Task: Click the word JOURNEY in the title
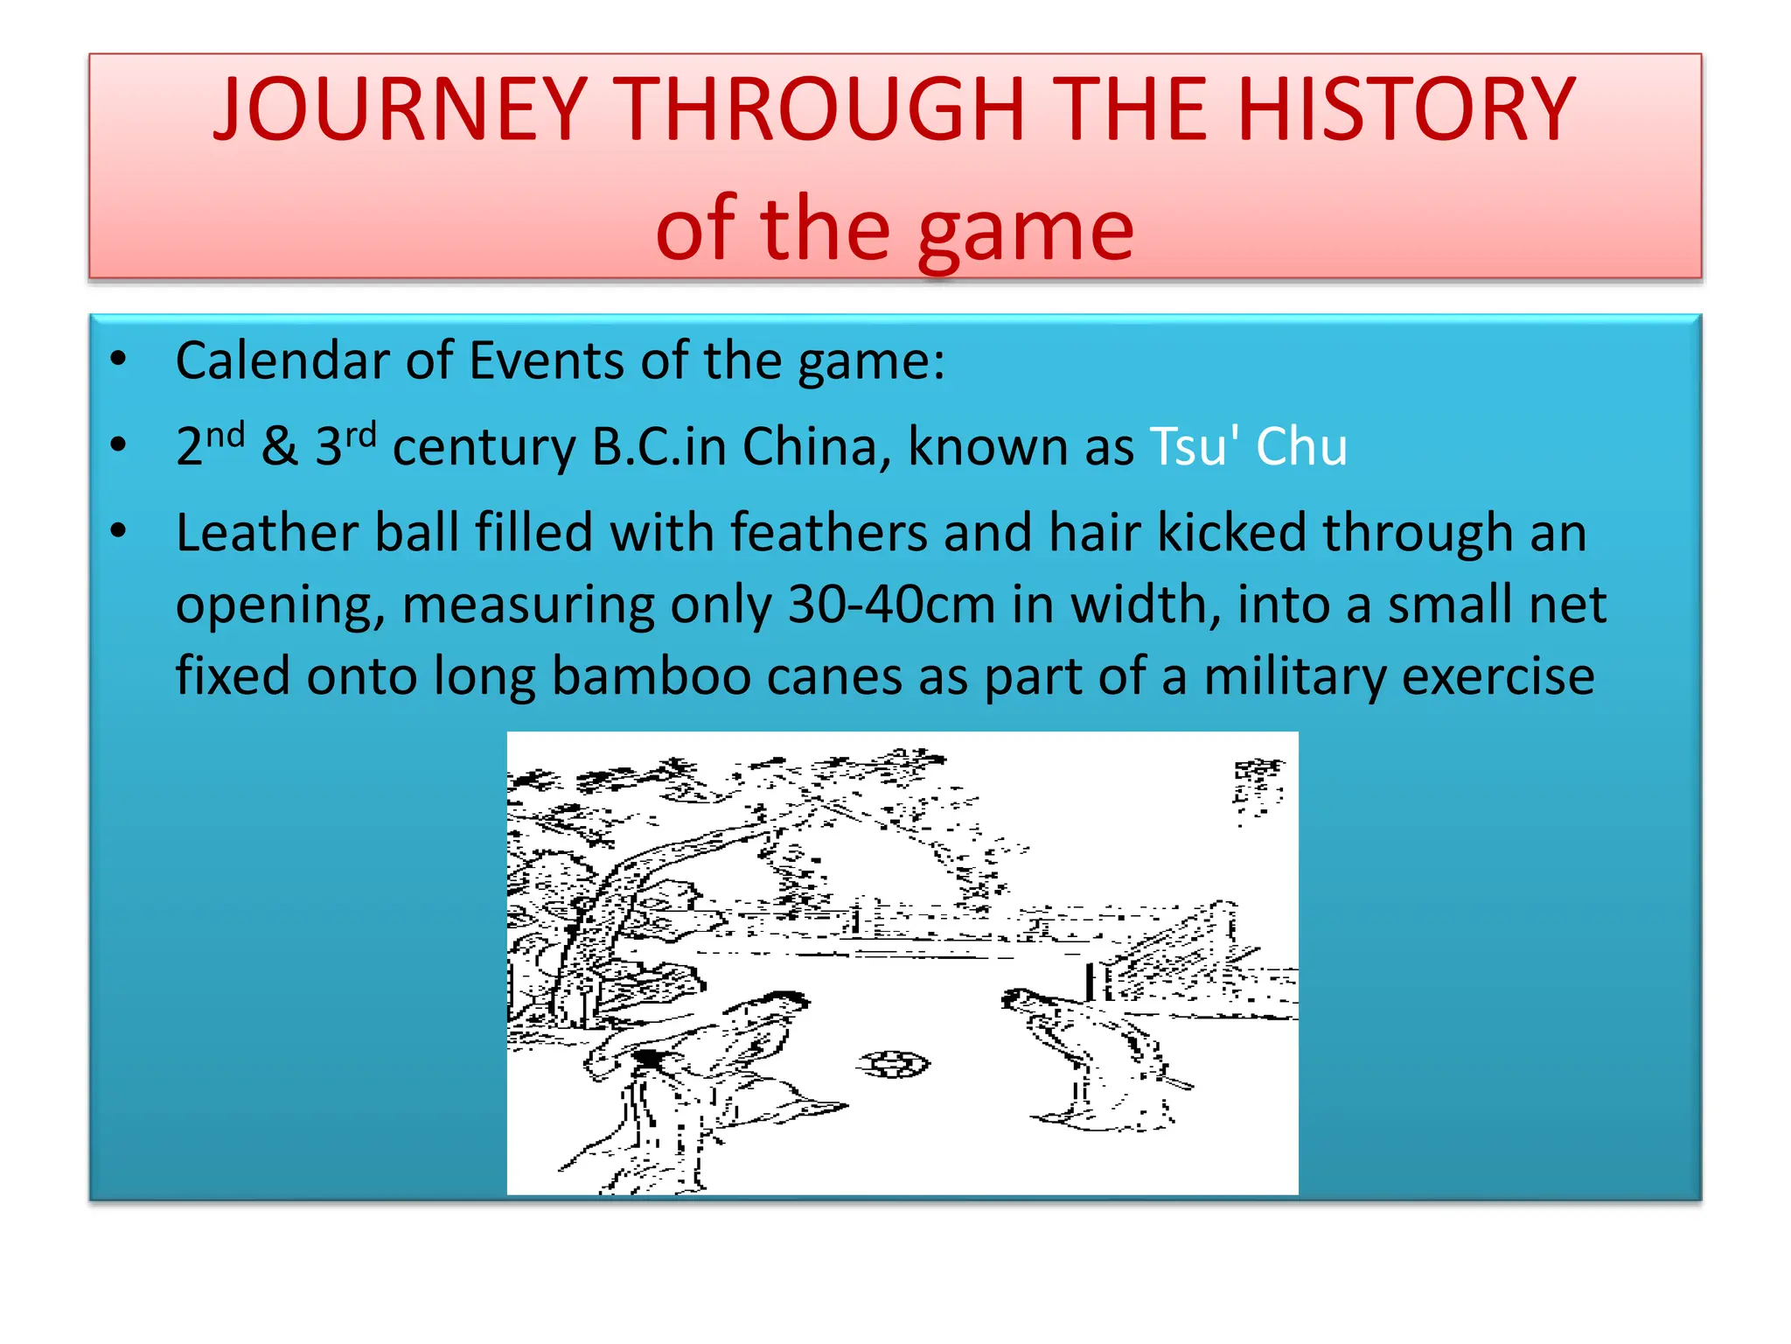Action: (x=399, y=110)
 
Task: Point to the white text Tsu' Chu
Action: (x=1248, y=446)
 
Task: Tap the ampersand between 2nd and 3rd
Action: (x=280, y=446)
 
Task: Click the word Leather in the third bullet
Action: (x=266, y=533)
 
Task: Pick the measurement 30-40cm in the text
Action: (x=891, y=605)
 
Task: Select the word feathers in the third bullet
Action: (x=828, y=533)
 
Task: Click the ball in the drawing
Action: (x=894, y=1064)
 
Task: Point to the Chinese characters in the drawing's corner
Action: (x=1257, y=787)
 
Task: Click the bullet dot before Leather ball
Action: (x=119, y=530)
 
